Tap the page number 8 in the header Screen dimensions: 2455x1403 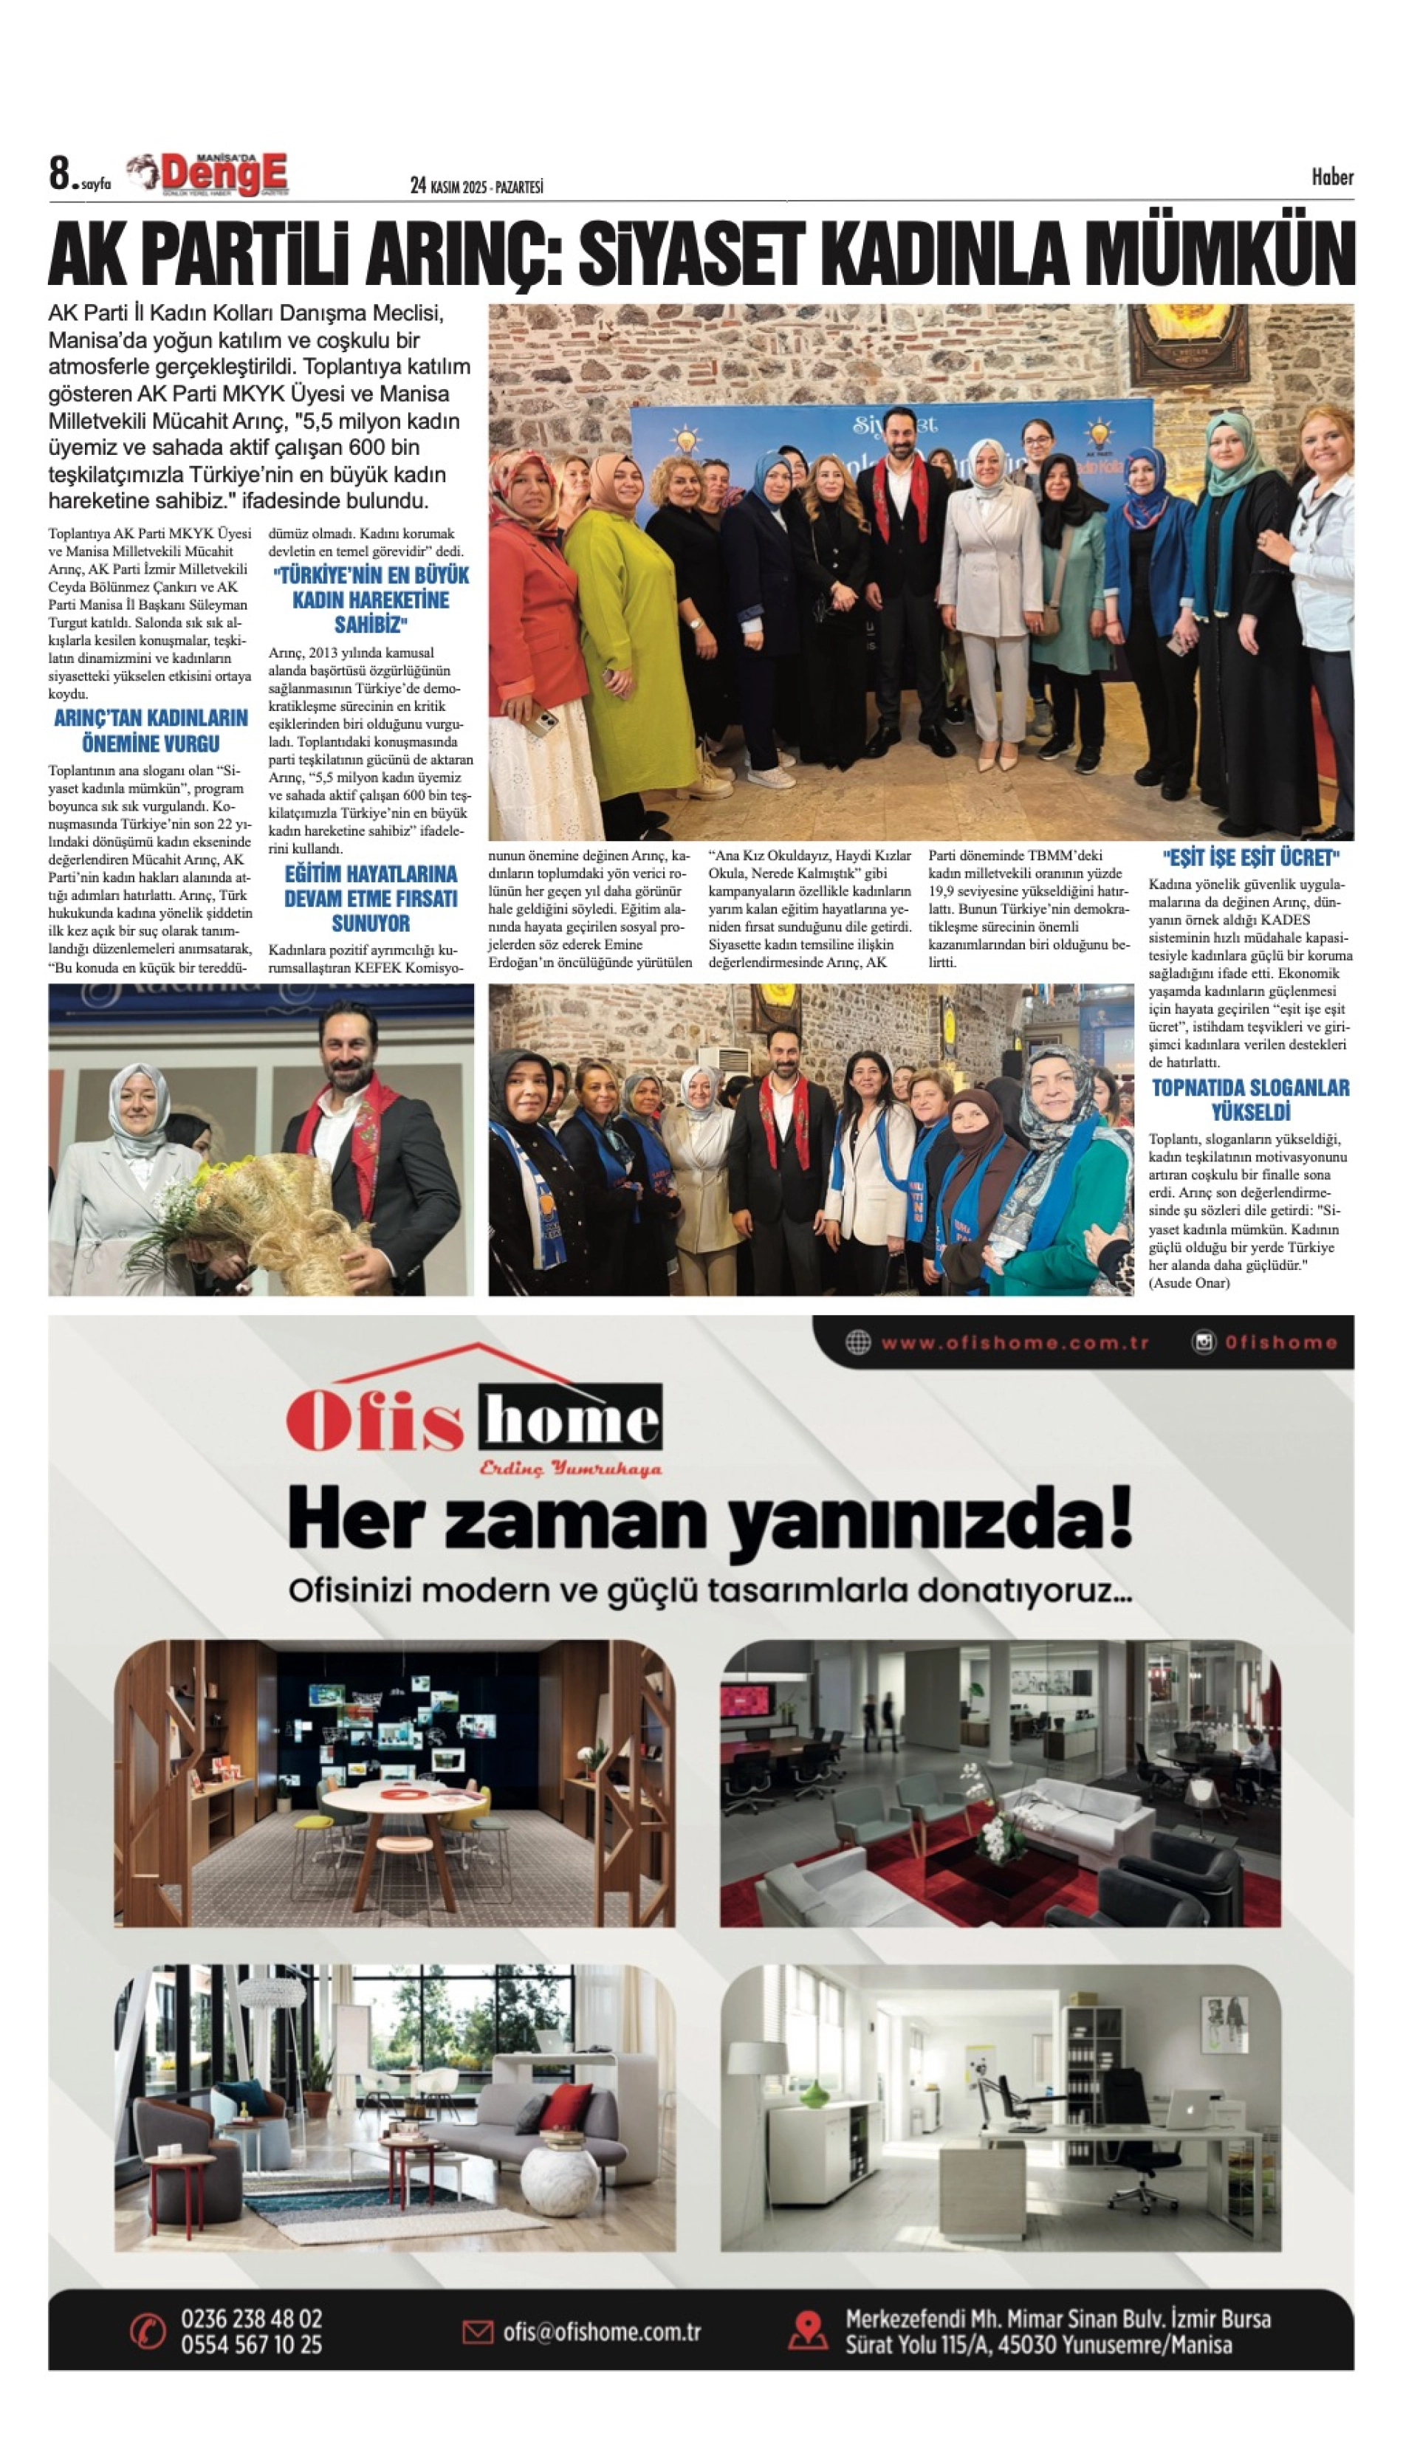tap(61, 174)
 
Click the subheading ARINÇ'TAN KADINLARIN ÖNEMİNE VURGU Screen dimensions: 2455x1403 tap(151, 730)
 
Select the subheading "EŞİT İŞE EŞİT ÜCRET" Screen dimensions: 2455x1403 tap(1251, 857)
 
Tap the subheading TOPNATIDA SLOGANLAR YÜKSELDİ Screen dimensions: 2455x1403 tap(1251, 1099)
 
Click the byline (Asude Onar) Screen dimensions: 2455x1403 tap(1189, 1283)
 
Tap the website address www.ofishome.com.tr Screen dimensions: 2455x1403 tap(1014, 1342)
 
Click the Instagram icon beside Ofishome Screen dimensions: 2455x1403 tap(1204, 1342)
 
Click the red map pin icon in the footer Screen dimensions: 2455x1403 tap(808, 2332)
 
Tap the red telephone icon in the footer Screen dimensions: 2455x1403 tap(148, 2332)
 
